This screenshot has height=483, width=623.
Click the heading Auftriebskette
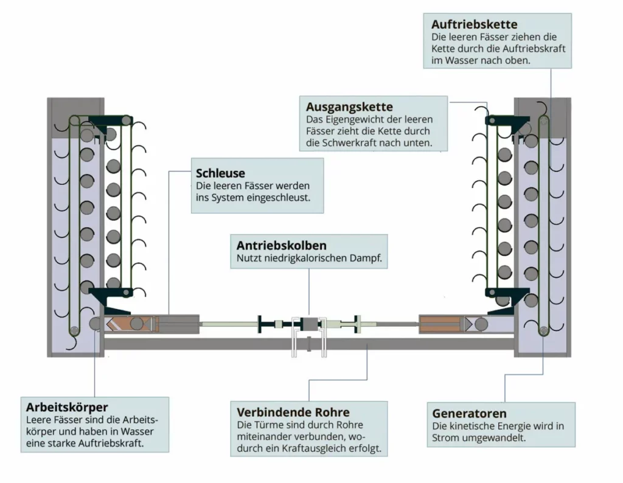point(474,25)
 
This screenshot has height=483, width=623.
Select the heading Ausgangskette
point(349,107)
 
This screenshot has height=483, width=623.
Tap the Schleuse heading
point(220,173)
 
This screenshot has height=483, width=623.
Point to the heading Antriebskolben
point(281,246)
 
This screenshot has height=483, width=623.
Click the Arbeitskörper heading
point(67,407)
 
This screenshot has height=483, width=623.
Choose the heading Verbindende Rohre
point(293,412)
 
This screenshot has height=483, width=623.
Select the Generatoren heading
point(468,414)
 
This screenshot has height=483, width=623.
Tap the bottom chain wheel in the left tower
point(74,330)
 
